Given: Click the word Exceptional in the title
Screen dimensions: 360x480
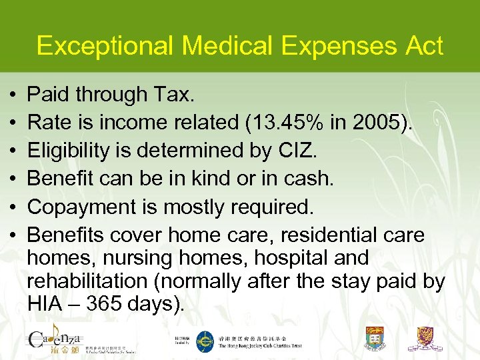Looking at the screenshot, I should [105, 46].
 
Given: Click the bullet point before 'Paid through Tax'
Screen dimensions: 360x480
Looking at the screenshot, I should [13, 95].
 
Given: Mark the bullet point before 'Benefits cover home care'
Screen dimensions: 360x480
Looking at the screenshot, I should [13, 235].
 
